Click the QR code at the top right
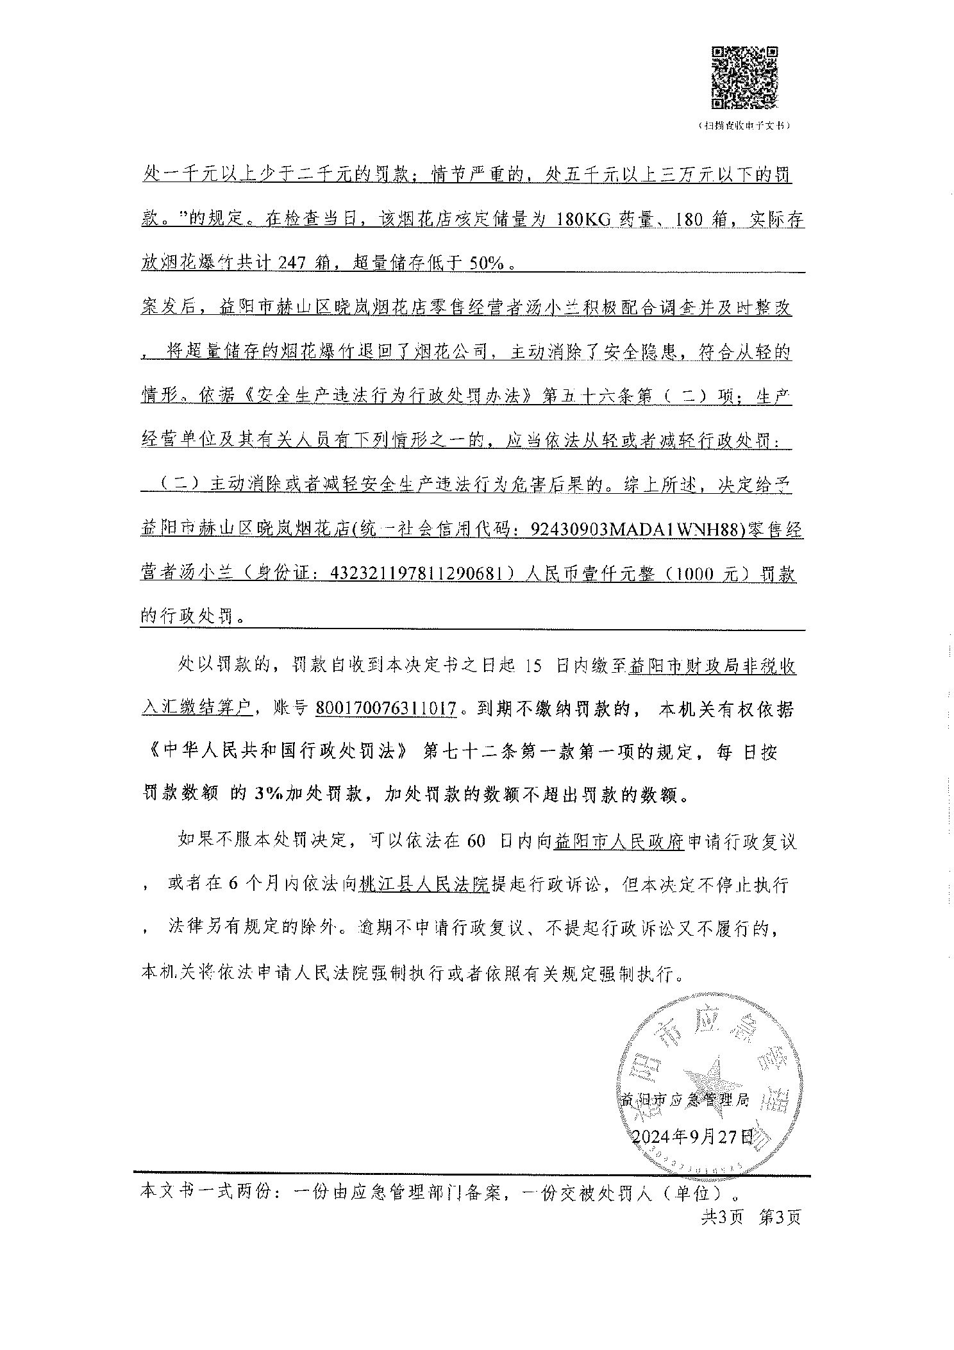coord(745,76)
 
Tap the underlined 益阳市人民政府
coord(619,841)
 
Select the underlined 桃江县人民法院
coord(424,884)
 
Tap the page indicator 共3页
coord(721,1217)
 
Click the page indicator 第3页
coord(779,1217)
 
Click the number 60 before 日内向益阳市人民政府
coord(476,841)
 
